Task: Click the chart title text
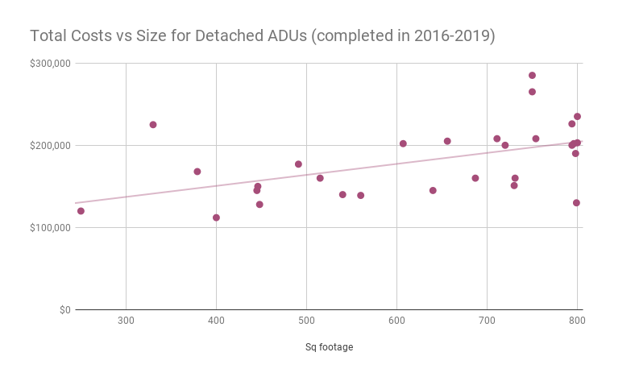262,36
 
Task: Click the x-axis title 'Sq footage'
329,347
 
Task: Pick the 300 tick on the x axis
126,321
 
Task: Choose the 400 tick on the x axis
216,321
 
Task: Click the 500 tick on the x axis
306,321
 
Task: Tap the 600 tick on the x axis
396,321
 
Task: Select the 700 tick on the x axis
487,321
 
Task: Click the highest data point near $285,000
532,76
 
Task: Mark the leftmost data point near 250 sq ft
81,211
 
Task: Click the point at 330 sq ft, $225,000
153,125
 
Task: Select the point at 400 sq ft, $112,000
216,218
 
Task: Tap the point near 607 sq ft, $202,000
403,144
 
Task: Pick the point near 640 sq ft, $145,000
433,191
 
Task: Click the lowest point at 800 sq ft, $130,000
576,203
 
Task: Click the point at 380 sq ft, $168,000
197,172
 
